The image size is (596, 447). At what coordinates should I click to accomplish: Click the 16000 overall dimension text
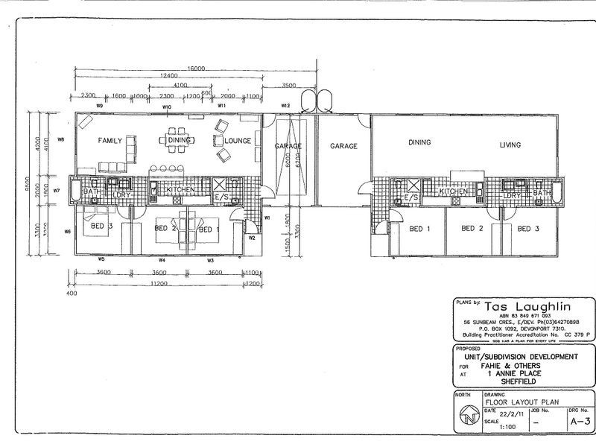pyautogui.click(x=196, y=68)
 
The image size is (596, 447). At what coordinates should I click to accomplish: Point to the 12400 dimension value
pyautogui.click(x=168, y=76)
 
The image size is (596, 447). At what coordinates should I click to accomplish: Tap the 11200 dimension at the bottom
pyautogui.click(x=156, y=284)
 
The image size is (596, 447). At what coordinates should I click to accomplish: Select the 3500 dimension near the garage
pyautogui.click(x=290, y=85)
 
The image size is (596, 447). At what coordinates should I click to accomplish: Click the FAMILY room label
pyautogui.click(x=110, y=140)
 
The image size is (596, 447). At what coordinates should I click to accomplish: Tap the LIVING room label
pyautogui.click(x=510, y=146)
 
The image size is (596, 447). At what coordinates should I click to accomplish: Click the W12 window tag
pyautogui.click(x=285, y=105)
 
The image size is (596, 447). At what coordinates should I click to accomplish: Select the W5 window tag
pyautogui.click(x=100, y=259)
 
